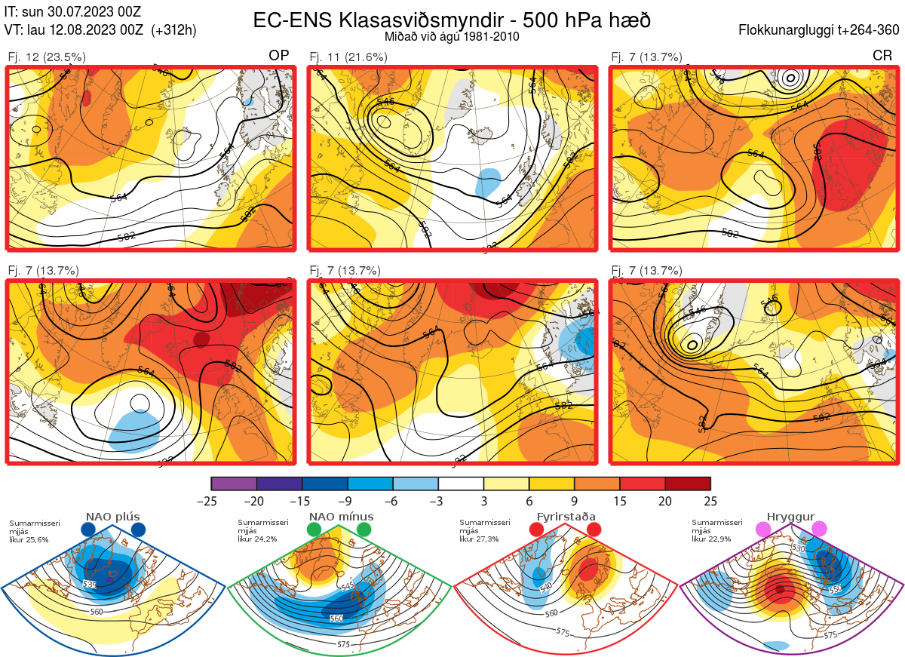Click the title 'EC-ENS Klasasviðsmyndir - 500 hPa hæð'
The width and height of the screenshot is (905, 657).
click(452, 20)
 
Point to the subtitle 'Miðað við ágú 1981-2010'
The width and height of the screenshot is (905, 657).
click(452, 36)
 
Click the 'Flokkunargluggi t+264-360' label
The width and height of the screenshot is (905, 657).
click(821, 30)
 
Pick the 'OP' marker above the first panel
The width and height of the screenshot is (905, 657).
click(279, 56)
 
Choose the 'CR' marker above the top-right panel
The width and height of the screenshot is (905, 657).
click(883, 56)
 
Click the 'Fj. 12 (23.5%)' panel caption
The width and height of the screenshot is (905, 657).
click(47, 57)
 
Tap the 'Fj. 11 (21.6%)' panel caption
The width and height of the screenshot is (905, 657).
click(348, 57)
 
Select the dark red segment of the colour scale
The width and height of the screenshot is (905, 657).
click(688, 484)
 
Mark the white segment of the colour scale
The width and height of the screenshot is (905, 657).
click(461, 484)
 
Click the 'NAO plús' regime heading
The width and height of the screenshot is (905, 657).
click(112, 517)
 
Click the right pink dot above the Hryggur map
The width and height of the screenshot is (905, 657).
click(818, 530)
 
